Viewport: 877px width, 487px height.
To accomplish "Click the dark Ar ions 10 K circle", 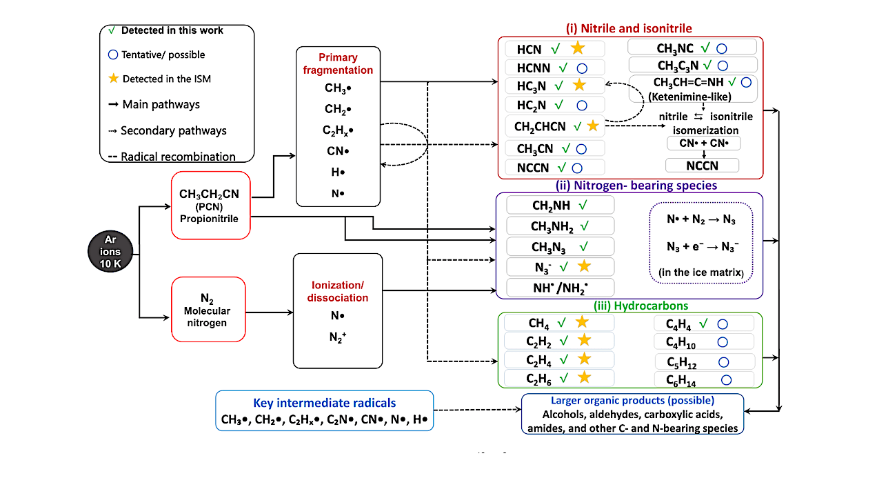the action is click(110, 252).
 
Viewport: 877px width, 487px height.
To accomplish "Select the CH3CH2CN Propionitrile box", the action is click(211, 206).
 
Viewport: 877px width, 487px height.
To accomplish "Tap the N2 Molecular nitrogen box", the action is click(208, 310).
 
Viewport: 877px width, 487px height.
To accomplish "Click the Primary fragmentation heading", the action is click(338, 63).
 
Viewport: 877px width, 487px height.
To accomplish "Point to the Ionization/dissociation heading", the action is click(337, 292).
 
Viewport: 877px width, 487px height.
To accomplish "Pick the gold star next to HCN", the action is click(578, 48).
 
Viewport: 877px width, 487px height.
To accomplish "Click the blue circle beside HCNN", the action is click(582, 68).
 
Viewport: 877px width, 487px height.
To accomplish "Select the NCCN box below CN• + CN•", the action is click(703, 166).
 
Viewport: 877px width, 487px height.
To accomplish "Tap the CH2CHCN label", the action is click(540, 126).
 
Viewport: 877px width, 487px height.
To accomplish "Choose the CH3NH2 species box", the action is click(561, 226).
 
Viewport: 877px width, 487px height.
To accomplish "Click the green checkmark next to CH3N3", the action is click(583, 246).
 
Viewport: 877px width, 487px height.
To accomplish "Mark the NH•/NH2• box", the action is click(561, 288).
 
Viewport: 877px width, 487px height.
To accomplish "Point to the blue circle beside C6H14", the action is click(726, 379).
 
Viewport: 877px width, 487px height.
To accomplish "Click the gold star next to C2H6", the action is click(584, 377).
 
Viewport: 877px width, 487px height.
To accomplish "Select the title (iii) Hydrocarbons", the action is click(641, 306).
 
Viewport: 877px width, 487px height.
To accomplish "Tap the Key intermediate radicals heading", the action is click(325, 403).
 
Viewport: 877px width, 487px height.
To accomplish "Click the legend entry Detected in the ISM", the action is click(160, 79).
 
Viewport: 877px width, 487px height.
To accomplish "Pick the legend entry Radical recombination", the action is click(172, 157).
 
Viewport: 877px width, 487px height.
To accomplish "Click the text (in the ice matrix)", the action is click(700, 272).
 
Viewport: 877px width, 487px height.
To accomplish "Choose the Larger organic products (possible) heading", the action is click(633, 400).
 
